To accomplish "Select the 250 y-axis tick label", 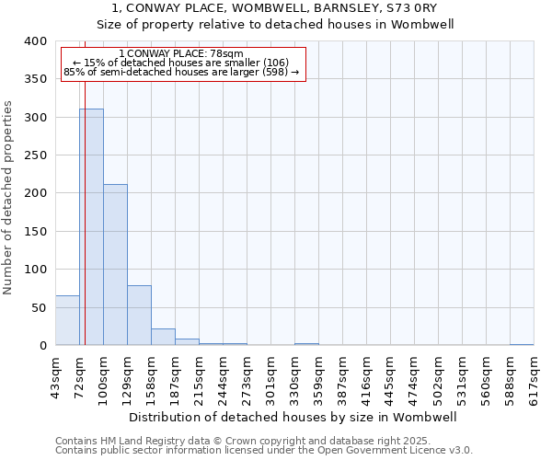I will (x=34, y=155).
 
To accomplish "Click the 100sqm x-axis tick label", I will (x=104, y=377).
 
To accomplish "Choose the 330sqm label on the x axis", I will (x=295, y=377).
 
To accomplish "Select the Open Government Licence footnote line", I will (x=264, y=451).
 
